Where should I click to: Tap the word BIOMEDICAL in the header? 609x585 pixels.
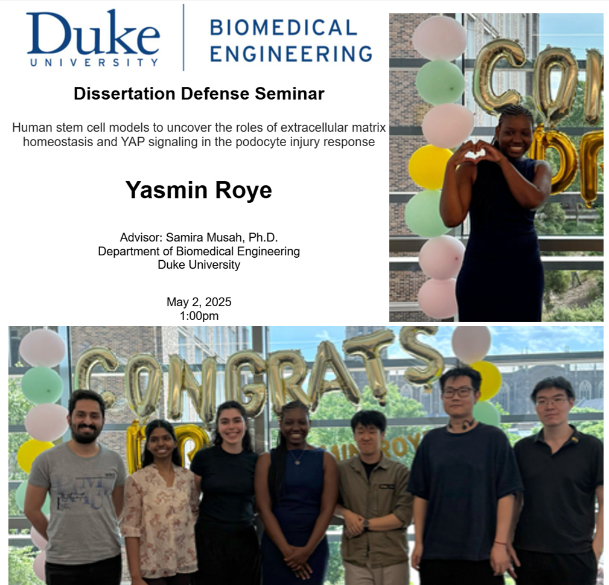(x=283, y=27)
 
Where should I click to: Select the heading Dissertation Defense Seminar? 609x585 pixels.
(x=199, y=94)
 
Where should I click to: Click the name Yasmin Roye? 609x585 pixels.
(x=199, y=190)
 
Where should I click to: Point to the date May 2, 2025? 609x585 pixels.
(x=199, y=302)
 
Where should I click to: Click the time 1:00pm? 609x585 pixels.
(x=199, y=316)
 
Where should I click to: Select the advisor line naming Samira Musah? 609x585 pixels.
(x=199, y=237)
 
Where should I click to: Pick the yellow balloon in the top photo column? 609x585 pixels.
(x=430, y=166)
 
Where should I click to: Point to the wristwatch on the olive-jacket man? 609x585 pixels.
(x=366, y=524)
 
